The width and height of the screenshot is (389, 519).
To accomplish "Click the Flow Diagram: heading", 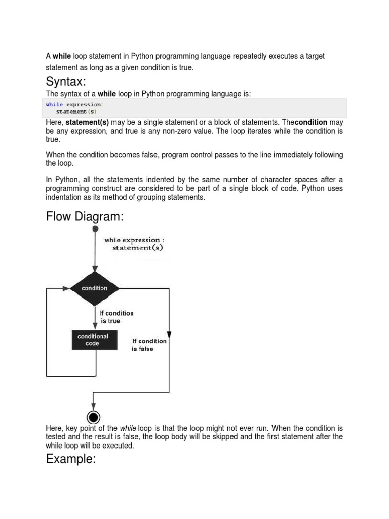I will tap(85, 217).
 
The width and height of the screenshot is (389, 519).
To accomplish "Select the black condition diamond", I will tap(95, 288).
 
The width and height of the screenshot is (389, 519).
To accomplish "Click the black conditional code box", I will tap(93, 340).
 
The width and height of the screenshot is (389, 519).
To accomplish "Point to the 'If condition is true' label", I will tap(116, 317).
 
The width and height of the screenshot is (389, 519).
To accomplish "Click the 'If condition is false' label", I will tap(148, 345).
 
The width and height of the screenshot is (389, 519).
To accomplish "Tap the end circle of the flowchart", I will tap(93, 417).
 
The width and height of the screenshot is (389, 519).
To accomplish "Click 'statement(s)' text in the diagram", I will tap(138, 248).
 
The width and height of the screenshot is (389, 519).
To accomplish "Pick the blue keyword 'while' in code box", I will tap(54, 105).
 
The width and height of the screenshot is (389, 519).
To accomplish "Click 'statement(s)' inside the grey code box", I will tap(76, 112).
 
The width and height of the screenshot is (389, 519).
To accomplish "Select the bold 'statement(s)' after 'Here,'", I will tap(87, 123).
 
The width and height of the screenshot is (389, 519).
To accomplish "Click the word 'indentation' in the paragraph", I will tap(64, 198).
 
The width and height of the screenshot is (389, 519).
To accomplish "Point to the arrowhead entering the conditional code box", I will tap(95, 326).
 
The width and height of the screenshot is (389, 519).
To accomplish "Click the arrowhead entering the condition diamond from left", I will tap(66, 288).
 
